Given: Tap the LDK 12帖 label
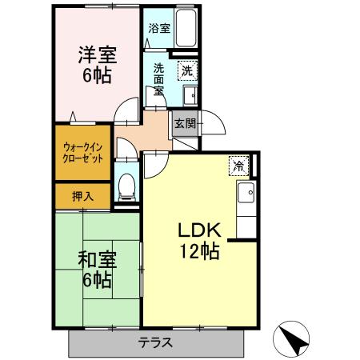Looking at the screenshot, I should point(198,238).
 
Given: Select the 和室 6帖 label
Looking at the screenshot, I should point(95,270).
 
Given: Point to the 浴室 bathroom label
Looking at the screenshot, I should point(159,28).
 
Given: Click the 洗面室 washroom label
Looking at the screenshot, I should point(159,78).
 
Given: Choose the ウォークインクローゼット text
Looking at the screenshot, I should point(82,152).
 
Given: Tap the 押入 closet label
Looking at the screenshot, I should point(82,195).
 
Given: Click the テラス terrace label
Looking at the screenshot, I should point(156,342).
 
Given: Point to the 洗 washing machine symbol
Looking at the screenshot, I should point(186,70).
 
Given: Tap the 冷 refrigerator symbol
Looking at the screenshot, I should point(239,166).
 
